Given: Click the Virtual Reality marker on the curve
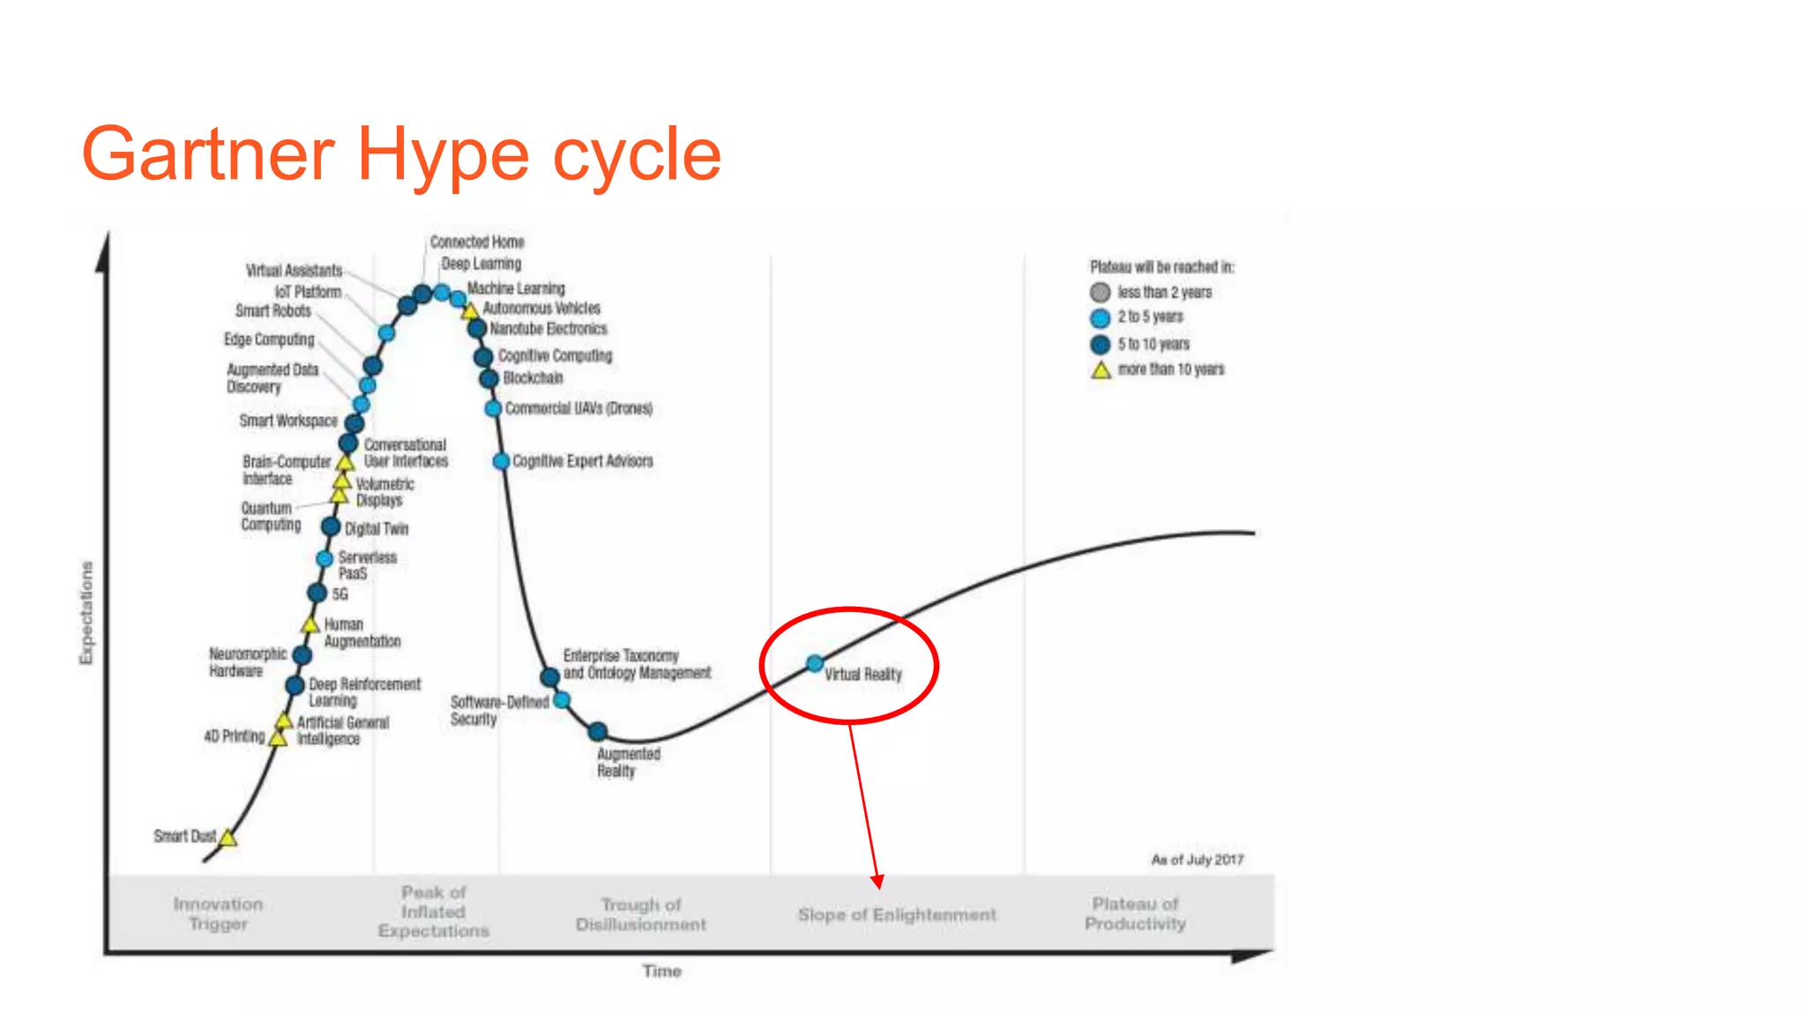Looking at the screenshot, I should [815, 663].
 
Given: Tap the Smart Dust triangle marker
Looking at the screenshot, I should [228, 838].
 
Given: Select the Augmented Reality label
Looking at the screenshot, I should [628, 762].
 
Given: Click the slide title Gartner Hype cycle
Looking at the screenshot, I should [401, 154].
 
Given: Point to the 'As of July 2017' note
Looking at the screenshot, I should [1197, 859].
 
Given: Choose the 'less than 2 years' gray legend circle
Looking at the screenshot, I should [1100, 293].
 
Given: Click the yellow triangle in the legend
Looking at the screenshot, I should [1101, 370].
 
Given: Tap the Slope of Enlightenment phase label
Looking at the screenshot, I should [897, 915].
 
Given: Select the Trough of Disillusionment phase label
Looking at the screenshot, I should [641, 915].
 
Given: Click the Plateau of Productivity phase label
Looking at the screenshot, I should [1135, 914].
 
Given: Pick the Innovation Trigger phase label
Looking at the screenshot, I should [218, 914].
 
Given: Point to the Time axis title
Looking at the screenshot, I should [661, 971].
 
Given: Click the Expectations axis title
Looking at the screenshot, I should [86, 613].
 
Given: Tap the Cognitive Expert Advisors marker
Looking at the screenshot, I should [501, 460].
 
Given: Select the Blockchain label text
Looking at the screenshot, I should [533, 377].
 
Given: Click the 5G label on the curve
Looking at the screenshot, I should [340, 594].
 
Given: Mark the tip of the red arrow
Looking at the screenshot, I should [878, 885].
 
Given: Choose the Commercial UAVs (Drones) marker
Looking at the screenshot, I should [493, 408].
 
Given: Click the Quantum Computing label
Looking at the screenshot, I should [271, 516].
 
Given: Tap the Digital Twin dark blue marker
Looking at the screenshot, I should [331, 527].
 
